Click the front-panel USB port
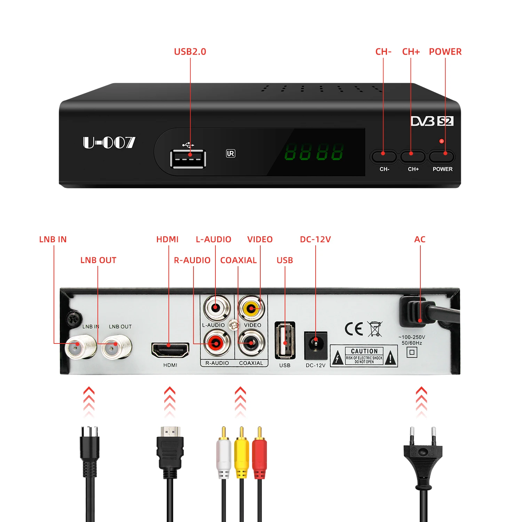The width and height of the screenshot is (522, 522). coord(188,159)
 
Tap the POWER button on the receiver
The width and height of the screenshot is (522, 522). coord(442,157)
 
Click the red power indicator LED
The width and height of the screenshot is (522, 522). coord(441,141)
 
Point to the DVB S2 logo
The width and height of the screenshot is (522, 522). coord(432,121)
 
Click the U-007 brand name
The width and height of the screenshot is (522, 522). coord(109,142)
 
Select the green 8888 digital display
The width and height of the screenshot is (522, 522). coord(314,152)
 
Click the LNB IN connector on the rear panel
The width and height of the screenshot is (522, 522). coord(80,347)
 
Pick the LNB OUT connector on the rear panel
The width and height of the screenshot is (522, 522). coord(117,347)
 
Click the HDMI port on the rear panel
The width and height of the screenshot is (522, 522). coord(170,350)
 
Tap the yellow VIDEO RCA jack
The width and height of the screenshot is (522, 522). coord(251,308)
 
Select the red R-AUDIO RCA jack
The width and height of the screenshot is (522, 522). coord(217,343)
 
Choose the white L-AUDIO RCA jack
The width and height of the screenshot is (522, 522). coord(216,308)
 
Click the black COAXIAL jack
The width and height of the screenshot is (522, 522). coord(251,343)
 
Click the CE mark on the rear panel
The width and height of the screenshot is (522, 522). coord(354,329)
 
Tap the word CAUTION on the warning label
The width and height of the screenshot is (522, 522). coord(364,351)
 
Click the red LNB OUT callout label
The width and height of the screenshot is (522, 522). coord(98,260)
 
